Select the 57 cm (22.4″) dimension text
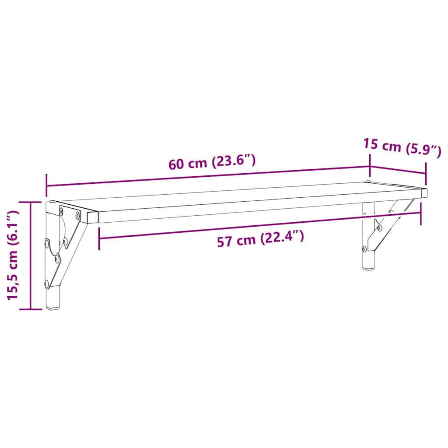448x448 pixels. [260, 239]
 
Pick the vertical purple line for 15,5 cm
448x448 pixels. [30, 256]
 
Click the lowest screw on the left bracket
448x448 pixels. [47, 283]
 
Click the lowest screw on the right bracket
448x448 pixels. [364, 249]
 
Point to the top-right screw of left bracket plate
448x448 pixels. [78, 215]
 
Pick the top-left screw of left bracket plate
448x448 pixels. [62, 210]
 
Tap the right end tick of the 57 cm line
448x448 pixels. [421, 212]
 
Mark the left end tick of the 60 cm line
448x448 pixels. [46, 185]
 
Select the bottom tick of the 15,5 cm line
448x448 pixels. [30, 309]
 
